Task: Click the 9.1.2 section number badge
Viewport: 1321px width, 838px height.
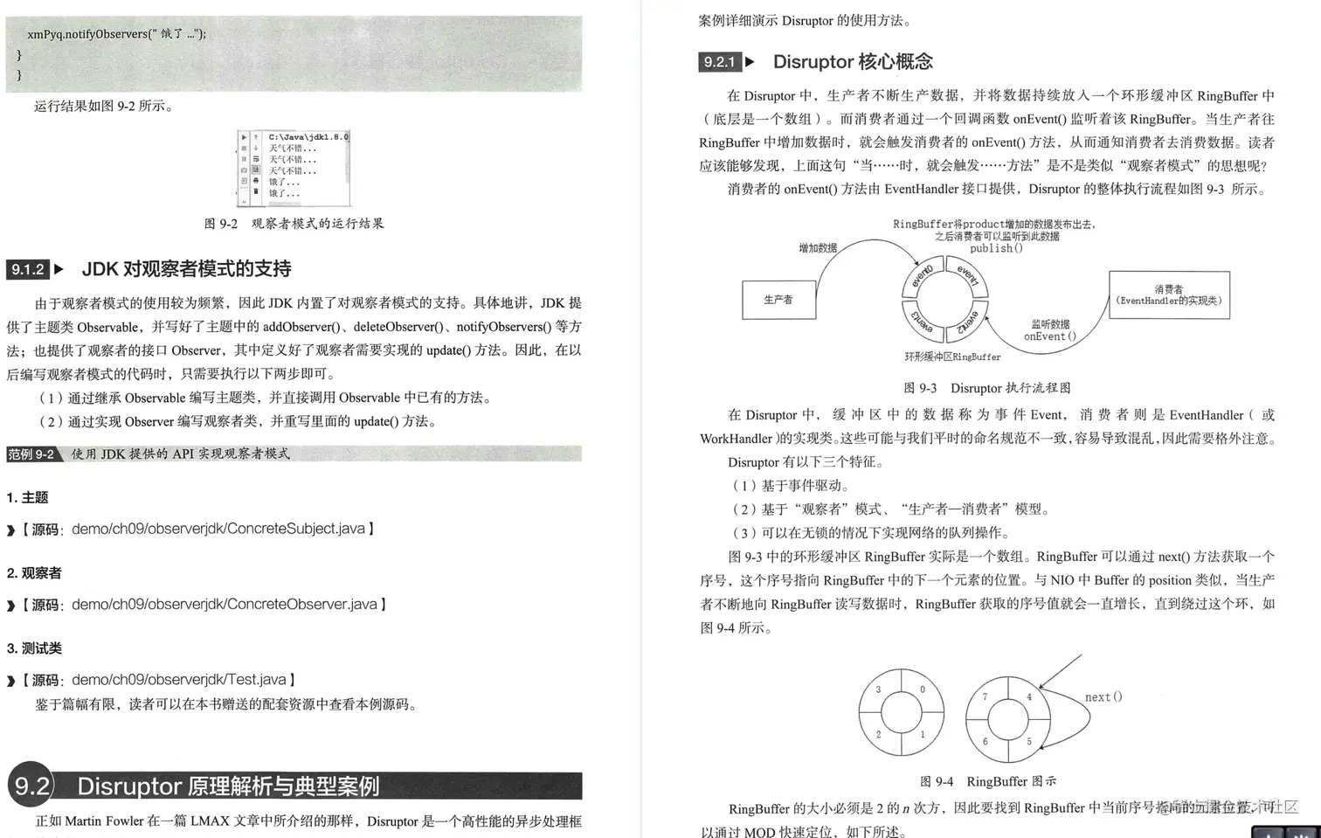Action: tap(28, 269)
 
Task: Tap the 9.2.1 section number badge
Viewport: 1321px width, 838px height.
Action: tap(720, 62)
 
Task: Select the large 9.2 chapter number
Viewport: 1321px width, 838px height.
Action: tap(31, 786)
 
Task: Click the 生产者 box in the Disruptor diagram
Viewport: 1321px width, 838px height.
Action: tap(778, 300)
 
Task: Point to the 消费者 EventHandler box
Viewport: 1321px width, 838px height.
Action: tap(1169, 295)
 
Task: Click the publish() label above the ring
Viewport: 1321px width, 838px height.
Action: tap(996, 248)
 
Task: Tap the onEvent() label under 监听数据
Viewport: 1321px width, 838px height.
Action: tap(1049, 336)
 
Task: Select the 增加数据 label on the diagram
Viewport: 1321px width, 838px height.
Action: tap(818, 248)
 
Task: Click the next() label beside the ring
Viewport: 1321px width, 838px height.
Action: tap(1103, 697)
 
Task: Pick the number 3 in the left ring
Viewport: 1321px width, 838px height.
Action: tap(878, 689)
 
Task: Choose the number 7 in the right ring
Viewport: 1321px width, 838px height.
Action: tap(985, 696)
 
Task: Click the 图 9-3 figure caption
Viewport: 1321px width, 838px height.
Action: tap(986, 388)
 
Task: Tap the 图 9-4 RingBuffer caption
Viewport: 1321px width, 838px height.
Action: tap(987, 781)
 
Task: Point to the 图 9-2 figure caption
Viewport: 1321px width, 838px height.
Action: tap(294, 224)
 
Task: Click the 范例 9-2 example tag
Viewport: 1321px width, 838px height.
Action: tap(31, 454)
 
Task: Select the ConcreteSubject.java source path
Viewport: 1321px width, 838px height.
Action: tap(218, 529)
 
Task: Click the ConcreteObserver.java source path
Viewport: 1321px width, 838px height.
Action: tap(224, 605)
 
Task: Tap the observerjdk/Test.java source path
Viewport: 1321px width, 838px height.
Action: tap(178, 680)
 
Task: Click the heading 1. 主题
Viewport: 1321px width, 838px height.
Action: tap(27, 498)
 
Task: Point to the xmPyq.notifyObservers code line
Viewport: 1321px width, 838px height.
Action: tap(116, 34)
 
